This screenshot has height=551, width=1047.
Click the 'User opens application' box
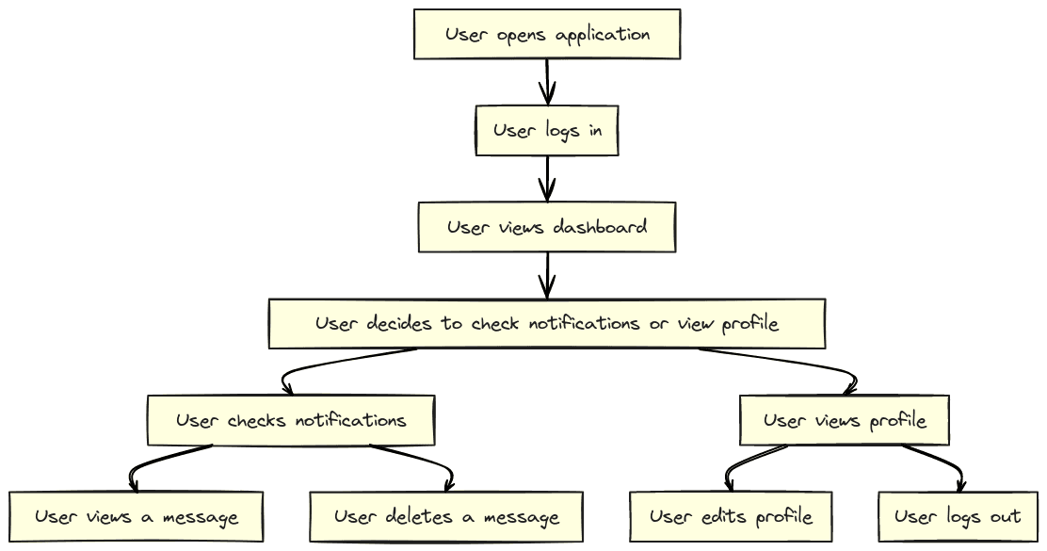pos(547,34)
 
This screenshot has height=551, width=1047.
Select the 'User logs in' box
pos(547,130)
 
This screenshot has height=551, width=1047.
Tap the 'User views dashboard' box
pos(547,227)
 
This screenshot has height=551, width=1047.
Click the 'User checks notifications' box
pos(291,420)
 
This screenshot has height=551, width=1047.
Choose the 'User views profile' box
pos(844,420)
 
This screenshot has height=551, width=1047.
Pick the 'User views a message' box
pos(137,516)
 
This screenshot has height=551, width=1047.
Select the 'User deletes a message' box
pos(446,516)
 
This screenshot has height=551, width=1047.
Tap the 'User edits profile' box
pos(731,516)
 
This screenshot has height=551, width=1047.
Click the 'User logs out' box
pos(958,516)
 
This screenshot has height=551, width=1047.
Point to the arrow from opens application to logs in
pos(547,82)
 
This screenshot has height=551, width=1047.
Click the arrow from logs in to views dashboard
pos(547,179)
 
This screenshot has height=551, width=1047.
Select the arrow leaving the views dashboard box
pos(547,275)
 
